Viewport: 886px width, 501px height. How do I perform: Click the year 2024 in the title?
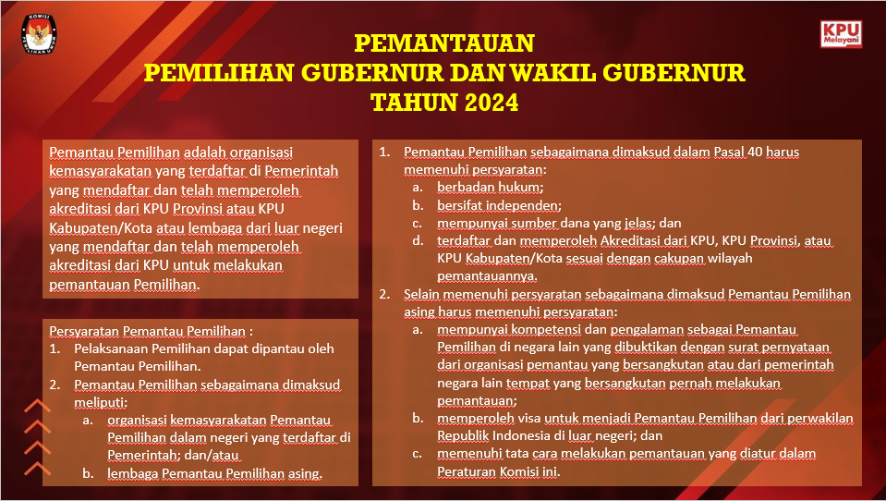[484, 102]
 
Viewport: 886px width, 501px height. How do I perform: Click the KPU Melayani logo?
[841, 34]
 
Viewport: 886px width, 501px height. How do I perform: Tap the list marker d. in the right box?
[419, 241]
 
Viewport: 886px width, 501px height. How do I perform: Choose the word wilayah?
[729, 258]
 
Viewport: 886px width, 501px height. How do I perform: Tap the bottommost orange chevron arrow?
[37, 467]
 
